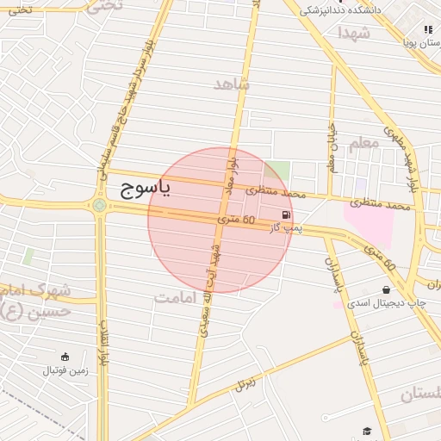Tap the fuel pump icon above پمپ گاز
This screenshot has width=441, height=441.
pos(285,214)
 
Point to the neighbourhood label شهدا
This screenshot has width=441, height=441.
pos(353,33)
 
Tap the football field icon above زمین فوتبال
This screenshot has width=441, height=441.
pos(65,357)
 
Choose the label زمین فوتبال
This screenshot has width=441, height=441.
pos(65,370)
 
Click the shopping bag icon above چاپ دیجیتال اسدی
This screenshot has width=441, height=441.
pos(384,289)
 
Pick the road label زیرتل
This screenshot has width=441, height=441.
pos(246,382)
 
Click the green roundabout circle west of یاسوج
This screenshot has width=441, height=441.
pos(99,205)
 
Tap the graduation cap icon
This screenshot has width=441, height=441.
pos(368,430)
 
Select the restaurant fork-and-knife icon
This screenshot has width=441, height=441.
pos(428,29)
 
